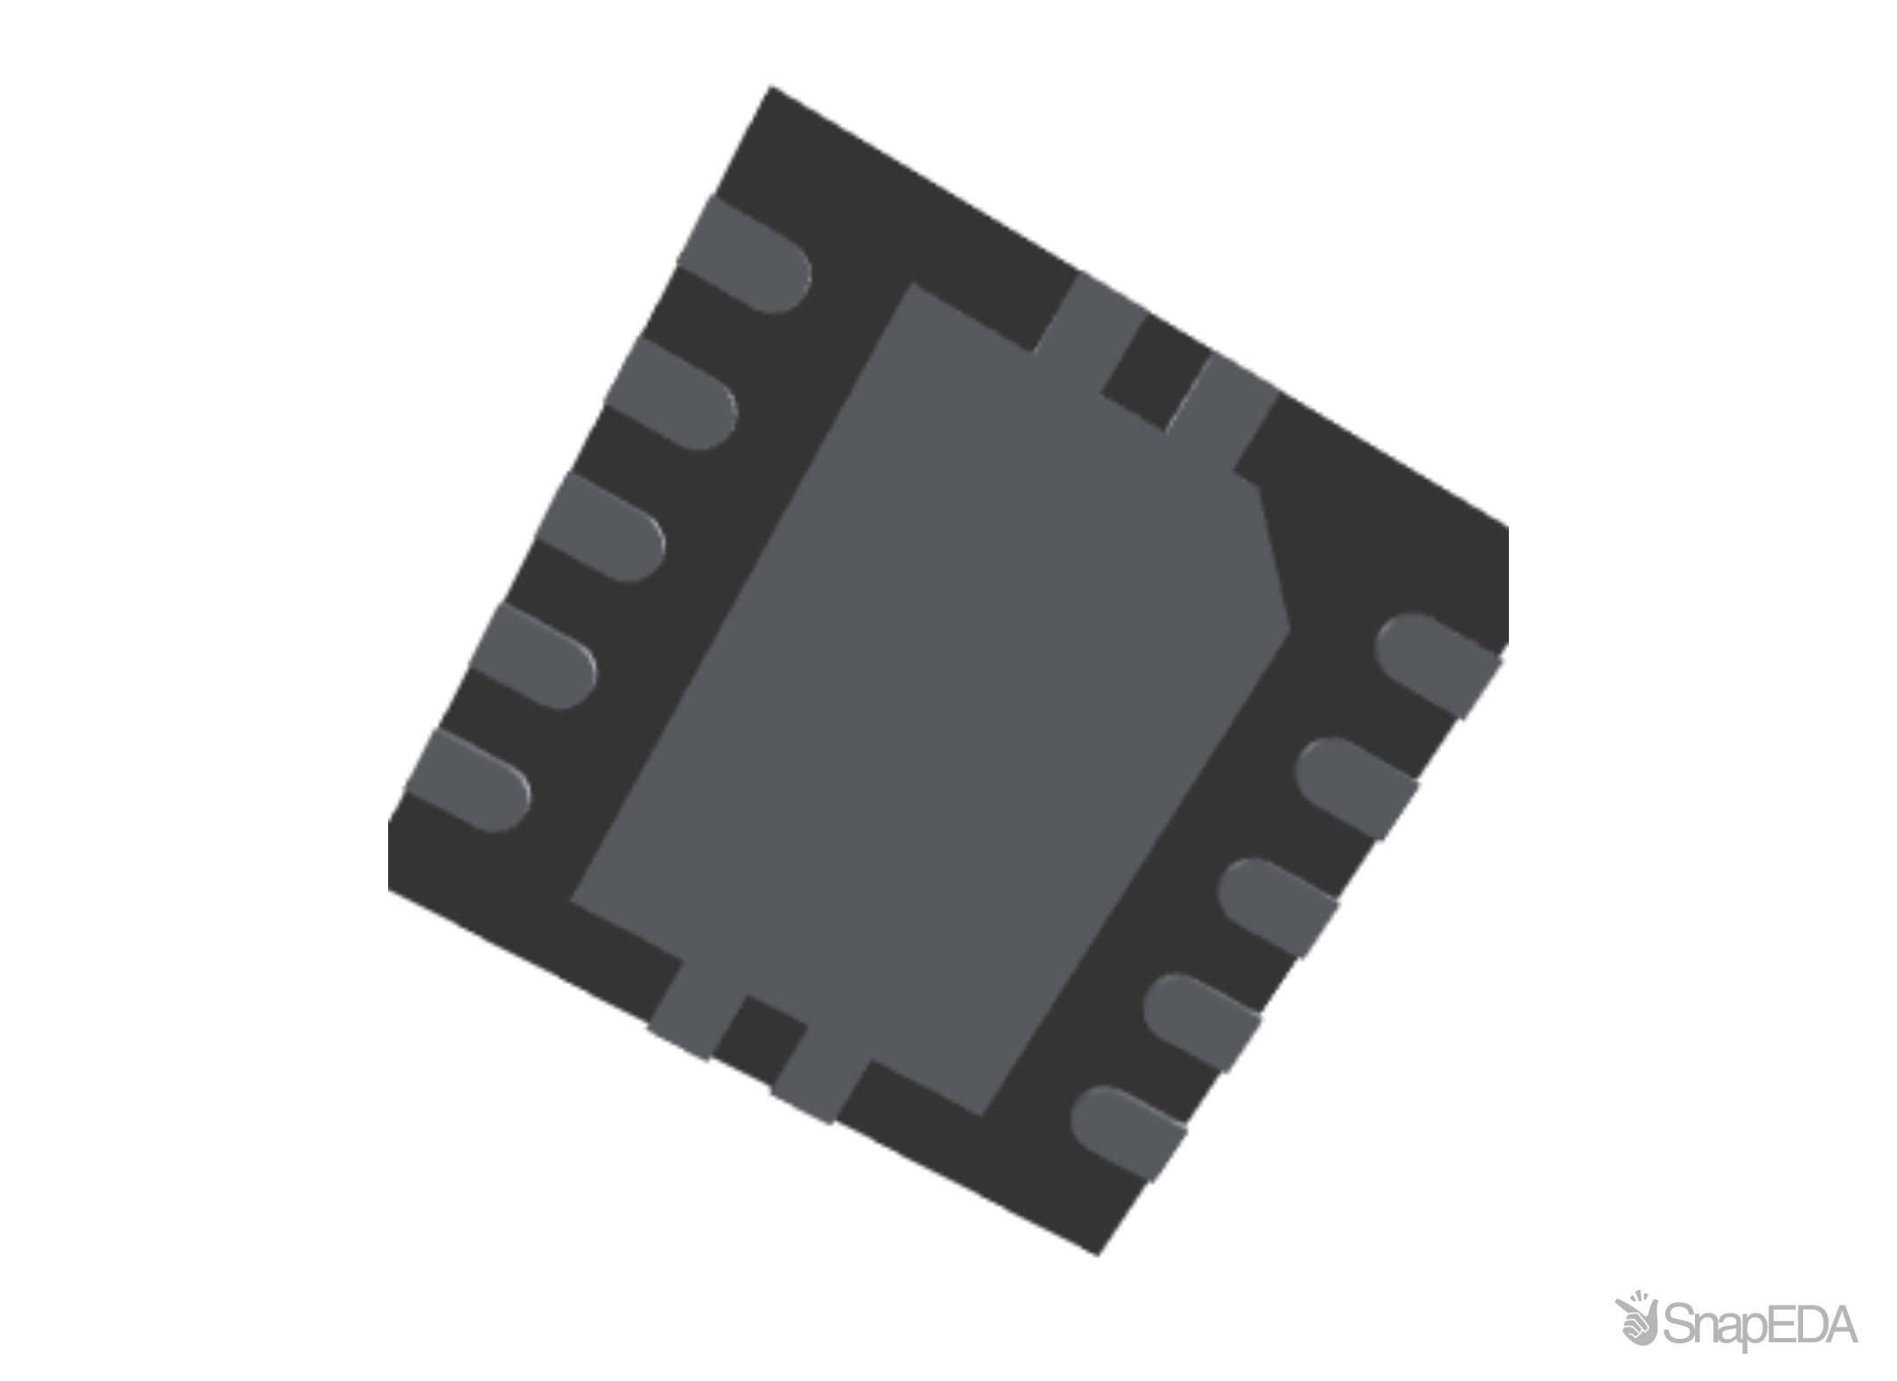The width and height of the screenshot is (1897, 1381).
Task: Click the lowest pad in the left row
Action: coord(470,780)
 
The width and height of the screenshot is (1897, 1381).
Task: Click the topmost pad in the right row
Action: coord(1436,663)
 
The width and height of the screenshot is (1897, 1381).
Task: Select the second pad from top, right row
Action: coord(1357,788)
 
